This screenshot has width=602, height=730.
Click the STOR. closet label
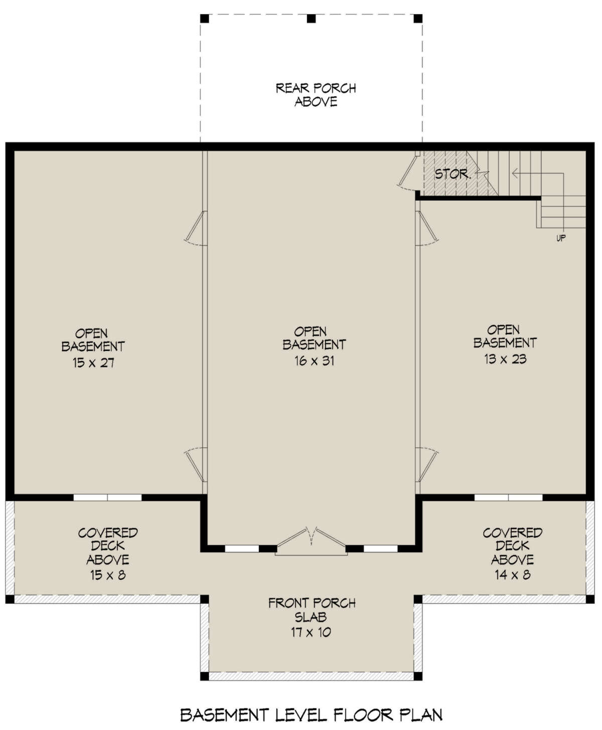tap(453, 174)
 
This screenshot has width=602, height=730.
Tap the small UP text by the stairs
tap(561, 238)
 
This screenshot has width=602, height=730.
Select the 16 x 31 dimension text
tap(314, 360)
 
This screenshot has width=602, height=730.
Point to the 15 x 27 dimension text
tap(93, 362)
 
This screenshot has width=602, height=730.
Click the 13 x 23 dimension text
tap(505, 359)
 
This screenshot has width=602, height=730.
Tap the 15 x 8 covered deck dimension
tap(108, 575)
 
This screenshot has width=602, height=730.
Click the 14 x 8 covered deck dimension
tap(513, 575)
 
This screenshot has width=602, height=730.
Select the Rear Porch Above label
tap(316, 95)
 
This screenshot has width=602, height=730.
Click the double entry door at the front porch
tap(311, 542)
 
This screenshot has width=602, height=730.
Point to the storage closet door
tap(408, 171)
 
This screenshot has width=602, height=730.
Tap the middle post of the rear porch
tap(311, 19)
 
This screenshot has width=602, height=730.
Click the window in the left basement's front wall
tap(107, 498)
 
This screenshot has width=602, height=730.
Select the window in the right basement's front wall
tap(508, 498)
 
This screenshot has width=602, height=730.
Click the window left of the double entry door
tap(242, 549)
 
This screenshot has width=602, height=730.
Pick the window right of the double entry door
tap(380, 549)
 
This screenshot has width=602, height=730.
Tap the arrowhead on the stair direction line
tap(515, 173)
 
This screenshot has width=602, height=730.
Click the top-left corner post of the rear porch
tap(204, 19)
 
